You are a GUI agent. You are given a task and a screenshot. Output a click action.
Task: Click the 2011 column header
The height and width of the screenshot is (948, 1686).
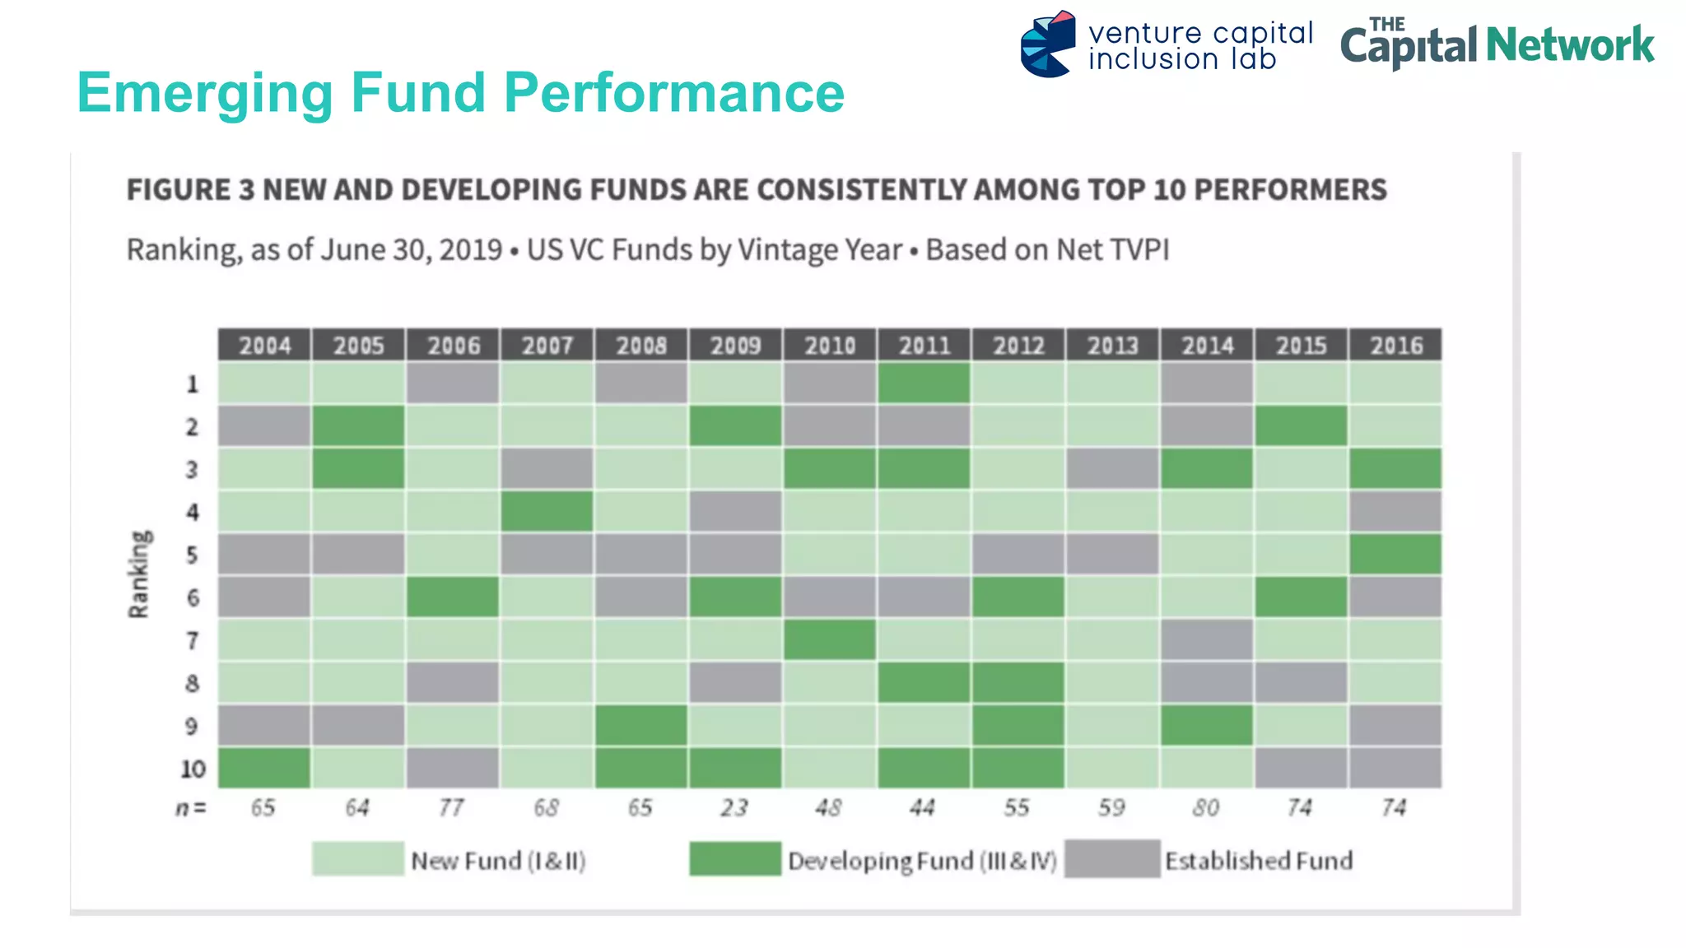[x=924, y=345]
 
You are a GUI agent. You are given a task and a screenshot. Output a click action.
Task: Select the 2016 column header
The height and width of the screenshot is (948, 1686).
[x=1395, y=345]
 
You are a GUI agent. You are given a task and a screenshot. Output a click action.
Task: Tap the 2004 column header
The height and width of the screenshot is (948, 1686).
[x=264, y=345]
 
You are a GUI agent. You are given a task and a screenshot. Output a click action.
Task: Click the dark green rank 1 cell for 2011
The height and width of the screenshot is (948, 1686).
[x=924, y=383]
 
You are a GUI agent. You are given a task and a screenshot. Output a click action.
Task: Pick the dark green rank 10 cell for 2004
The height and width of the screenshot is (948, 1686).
[x=264, y=768]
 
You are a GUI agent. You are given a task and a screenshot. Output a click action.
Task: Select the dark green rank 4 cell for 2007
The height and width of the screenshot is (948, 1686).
[x=547, y=511]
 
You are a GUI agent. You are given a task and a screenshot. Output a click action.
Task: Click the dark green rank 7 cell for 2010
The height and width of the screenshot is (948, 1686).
[x=829, y=639]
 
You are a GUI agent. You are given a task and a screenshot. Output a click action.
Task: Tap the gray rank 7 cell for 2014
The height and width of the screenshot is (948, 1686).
[x=1207, y=639]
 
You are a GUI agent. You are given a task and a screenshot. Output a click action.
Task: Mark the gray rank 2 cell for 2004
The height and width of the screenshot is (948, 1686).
[x=264, y=426]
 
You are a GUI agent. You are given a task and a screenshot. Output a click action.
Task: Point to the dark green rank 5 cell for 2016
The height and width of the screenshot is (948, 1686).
[x=1395, y=554]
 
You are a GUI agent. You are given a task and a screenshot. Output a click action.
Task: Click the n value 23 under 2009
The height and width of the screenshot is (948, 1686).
[x=734, y=807]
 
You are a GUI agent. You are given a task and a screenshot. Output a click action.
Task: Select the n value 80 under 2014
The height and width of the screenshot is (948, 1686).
[x=1206, y=807]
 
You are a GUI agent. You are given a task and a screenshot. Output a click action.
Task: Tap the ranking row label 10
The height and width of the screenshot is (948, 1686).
[x=193, y=769]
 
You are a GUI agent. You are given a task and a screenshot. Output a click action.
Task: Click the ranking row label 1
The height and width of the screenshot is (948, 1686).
[x=193, y=384]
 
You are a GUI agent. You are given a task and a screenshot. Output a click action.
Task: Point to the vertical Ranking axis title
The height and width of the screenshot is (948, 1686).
[x=139, y=574]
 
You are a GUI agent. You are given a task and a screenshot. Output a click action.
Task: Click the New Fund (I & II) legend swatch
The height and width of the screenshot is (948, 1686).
[x=358, y=858]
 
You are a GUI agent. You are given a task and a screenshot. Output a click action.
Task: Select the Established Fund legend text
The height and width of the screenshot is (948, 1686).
[x=1258, y=861]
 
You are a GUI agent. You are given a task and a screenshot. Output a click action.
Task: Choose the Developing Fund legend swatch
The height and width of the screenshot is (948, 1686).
[x=734, y=858]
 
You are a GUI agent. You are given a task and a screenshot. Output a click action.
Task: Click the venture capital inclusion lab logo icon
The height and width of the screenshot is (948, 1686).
[x=1047, y=44]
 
